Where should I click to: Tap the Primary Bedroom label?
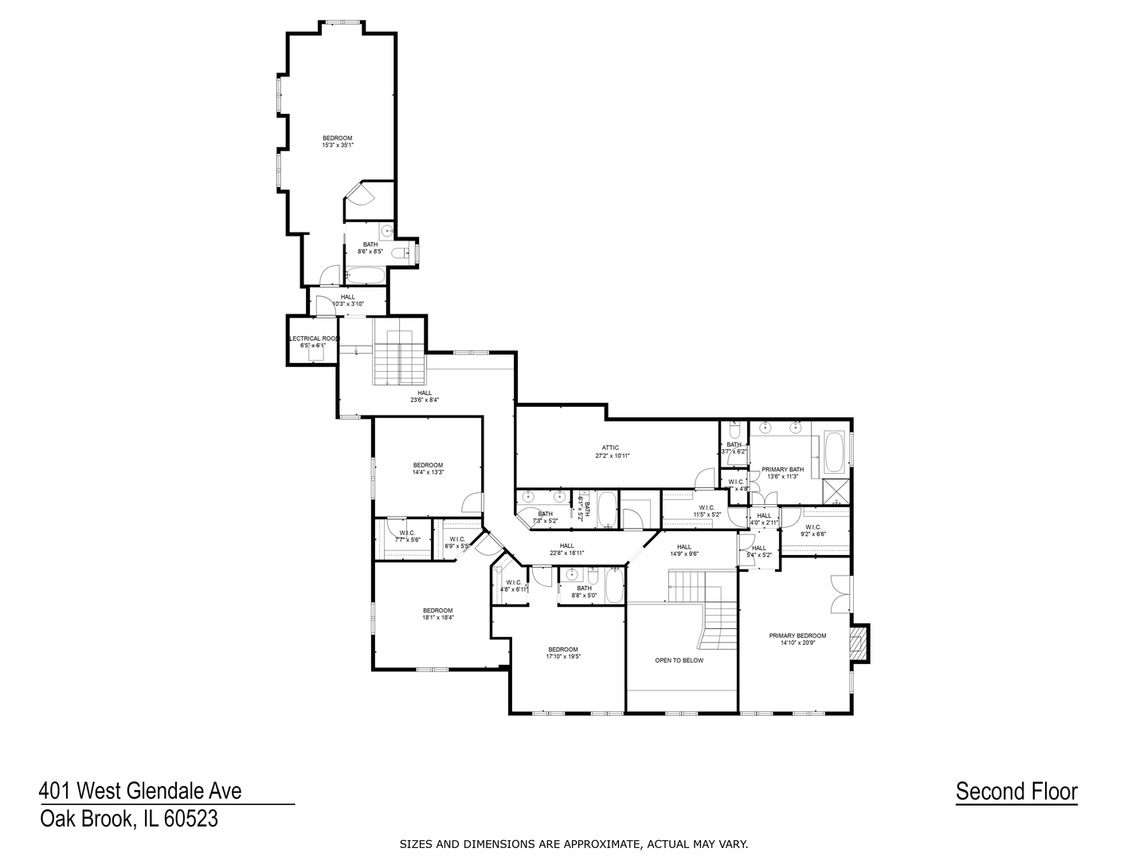point(797,639)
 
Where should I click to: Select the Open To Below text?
point(679,660)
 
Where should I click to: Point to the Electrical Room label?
point(313,342)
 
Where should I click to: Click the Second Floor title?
point(1016,792)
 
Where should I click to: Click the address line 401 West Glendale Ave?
point(140,791)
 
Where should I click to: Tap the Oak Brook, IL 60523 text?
point(129,819)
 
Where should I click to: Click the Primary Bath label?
point(782,473)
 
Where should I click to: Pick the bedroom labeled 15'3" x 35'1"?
point(337,142)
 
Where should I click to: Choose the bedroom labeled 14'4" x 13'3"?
point(428,468)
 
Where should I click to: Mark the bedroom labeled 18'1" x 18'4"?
point(437,614)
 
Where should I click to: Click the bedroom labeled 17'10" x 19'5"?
point(562,653)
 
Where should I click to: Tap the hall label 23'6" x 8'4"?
point(425,396)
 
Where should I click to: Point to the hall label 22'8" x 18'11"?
point(566,549)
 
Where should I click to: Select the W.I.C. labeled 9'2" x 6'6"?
point(813,530)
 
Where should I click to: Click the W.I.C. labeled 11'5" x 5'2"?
point(707,511)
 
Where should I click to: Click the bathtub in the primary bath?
point(835,452)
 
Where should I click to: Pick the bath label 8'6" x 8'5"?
point(370,248)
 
